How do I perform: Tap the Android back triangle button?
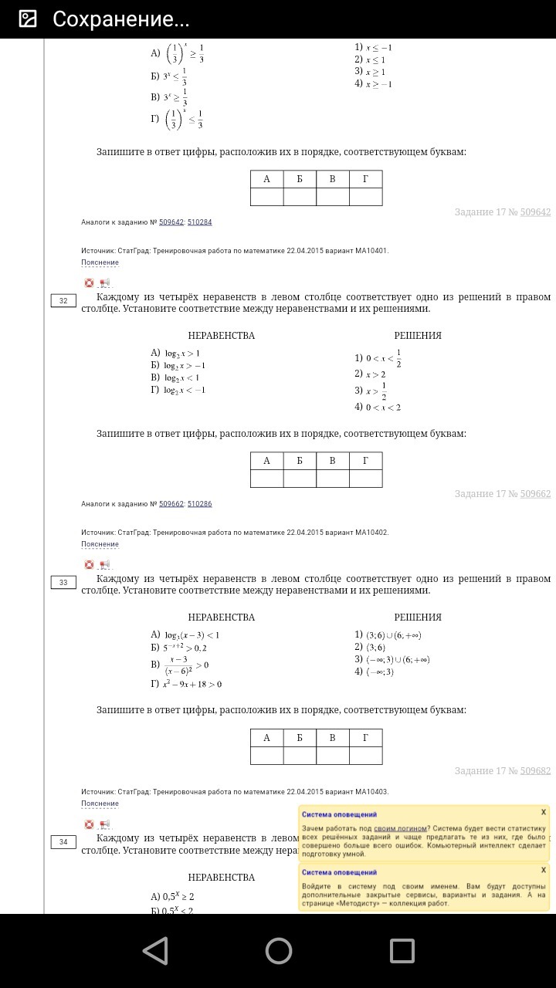[156, 950]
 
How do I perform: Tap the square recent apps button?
[402, 950]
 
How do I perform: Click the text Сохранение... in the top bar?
[121, 19]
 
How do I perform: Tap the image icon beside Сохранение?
[28, 19]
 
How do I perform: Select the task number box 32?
[63, 301]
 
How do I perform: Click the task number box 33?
[63, 583]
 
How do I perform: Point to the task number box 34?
[63, 842]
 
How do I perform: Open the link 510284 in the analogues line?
[199, 222]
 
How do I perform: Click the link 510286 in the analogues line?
[199, 504]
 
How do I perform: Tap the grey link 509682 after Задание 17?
[535, 770]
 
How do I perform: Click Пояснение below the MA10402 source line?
[100, 544]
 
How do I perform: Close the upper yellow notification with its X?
[544, 812]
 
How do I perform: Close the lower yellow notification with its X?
[544, 870]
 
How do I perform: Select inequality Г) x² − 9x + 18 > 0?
[186, 684]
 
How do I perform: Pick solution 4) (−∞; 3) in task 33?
[375, 672]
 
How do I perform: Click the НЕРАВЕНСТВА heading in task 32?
[221, 336]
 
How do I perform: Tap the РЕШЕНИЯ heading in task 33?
[418, 617]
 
